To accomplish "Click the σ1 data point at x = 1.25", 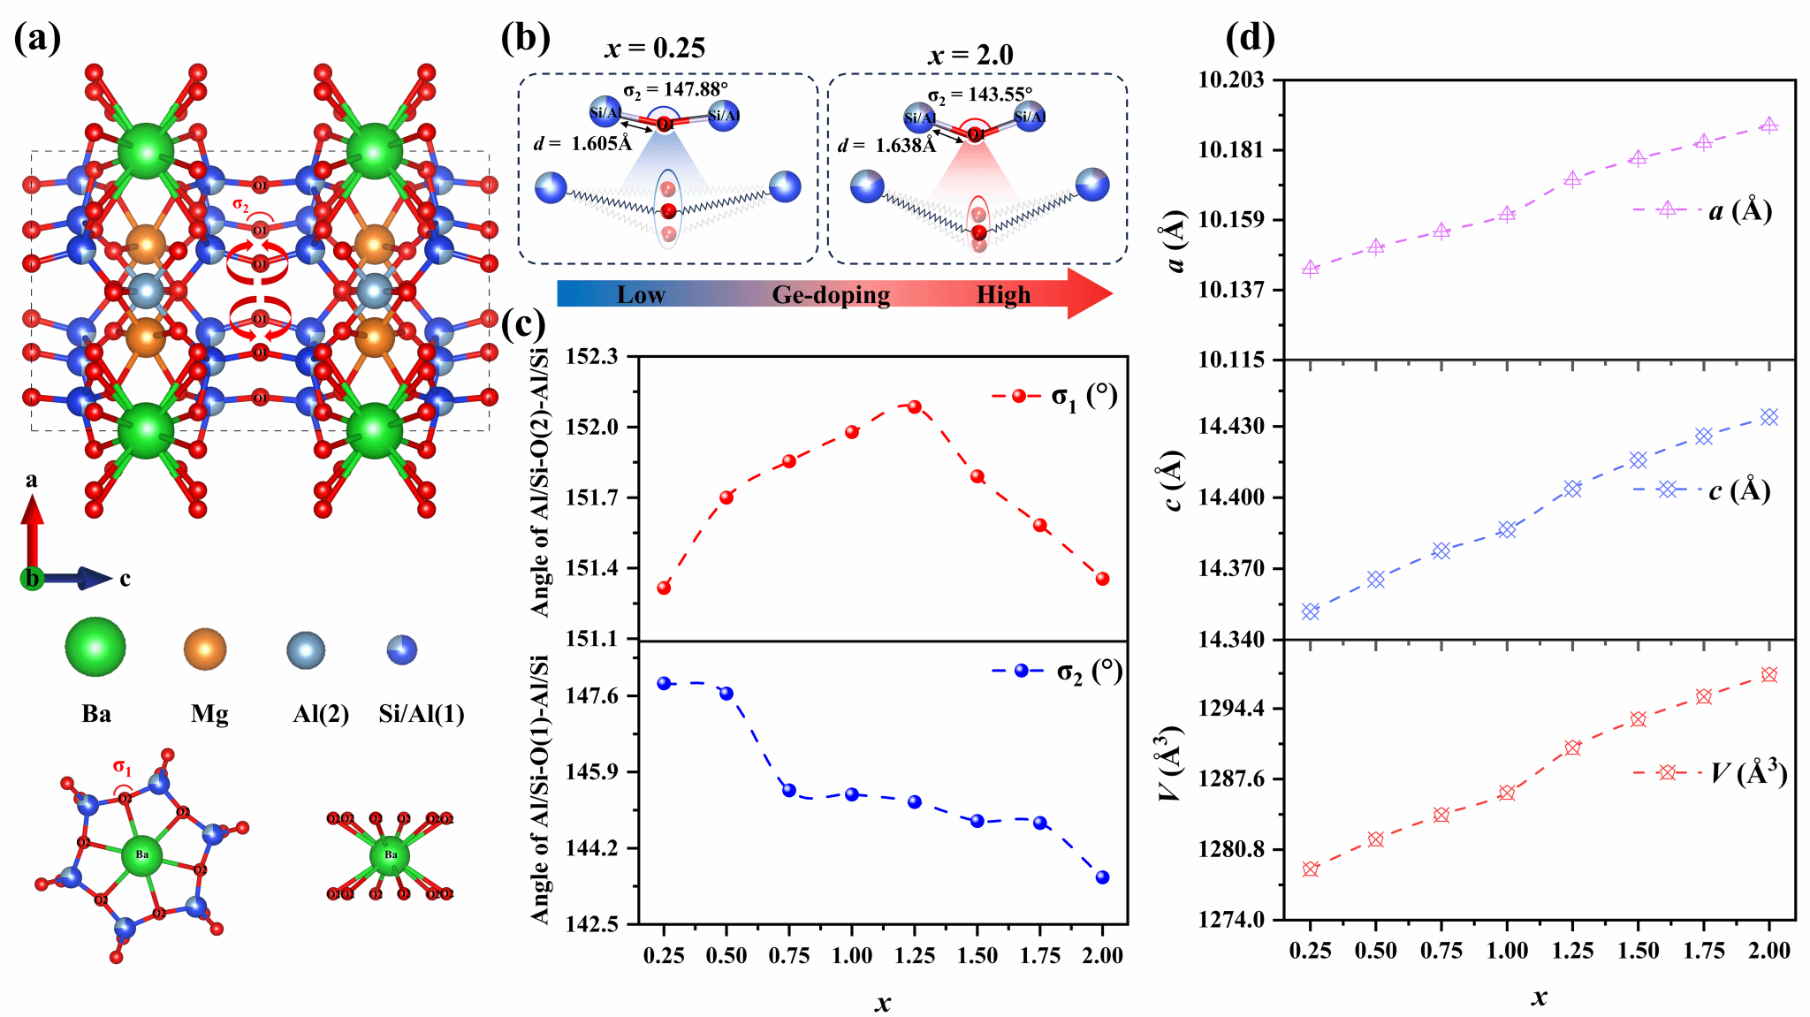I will click(915, 407).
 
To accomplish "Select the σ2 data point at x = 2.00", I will click(1102, 877).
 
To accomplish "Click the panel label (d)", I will click(1250, 38).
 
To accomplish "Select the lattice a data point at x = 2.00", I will click(1768, 125).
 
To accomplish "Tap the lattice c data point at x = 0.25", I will click(1311, 611).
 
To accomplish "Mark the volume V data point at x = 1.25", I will click(1572, 748).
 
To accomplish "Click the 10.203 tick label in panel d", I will click(1231, 80).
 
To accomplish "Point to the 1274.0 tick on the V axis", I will click(1231, 920).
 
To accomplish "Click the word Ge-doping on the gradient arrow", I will click(831, 295).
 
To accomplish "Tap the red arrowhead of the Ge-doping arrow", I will click(1090, 293).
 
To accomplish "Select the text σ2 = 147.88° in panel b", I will click(675, 89).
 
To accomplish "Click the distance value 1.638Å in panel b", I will click(905, 146).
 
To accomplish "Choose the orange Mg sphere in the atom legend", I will click(205, 649).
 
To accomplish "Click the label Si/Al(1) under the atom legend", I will click(422, 714).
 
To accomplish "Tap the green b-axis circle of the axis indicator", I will click(33, 579).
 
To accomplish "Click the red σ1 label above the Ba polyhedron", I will click(122, 768).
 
